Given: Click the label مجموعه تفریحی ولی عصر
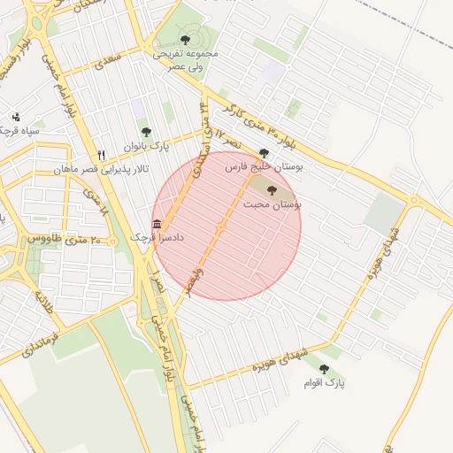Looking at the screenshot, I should point(184,60).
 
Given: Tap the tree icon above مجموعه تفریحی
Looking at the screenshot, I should point(184,39).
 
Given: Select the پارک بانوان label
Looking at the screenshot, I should point(146,145).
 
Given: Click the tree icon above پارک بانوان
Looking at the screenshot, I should point(146,132).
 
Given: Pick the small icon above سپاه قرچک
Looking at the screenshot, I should point(15,117).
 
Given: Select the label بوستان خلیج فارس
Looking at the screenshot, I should point(264,166).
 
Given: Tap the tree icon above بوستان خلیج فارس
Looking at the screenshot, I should point(264,153).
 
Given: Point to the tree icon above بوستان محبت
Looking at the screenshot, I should point(272,191).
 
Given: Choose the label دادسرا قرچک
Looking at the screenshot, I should point(155,237).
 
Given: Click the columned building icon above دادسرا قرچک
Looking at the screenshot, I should point(157,223).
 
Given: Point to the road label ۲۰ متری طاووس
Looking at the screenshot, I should point(63,240).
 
